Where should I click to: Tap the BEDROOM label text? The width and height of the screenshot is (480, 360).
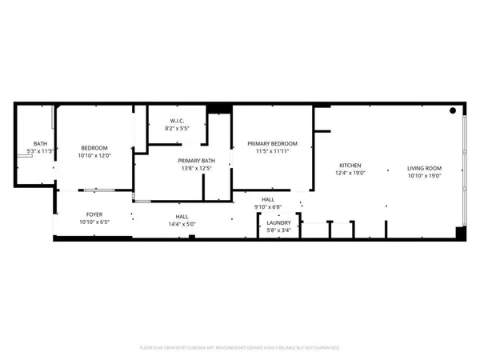[x=94, y=148]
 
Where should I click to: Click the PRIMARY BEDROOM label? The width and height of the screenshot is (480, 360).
[x=271, y=142]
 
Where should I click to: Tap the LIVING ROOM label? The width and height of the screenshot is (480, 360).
[x=424, y=168]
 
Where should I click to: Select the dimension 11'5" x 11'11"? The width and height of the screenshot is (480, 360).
[x=271, y=150]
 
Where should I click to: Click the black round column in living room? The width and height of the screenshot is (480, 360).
[x=453, y=110]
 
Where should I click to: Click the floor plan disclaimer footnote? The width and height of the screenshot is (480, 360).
[x=240, y=347]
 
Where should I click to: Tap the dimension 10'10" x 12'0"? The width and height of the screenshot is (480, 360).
[x=94, y=155]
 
